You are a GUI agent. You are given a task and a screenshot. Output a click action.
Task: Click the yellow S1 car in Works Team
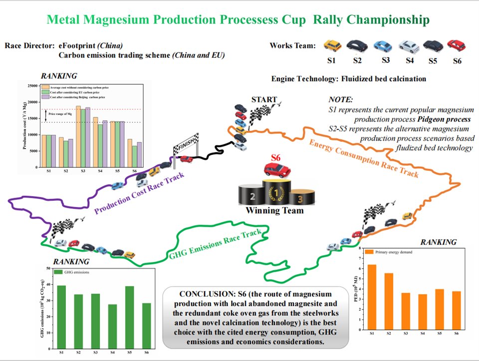(332, 46)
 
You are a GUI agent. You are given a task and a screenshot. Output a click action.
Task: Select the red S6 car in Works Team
(456, 46)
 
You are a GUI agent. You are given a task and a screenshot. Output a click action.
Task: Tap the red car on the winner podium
(276, 170)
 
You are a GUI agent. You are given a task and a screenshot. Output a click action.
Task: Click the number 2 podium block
(252, 196)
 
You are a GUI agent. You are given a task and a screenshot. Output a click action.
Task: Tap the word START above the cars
(264, 99)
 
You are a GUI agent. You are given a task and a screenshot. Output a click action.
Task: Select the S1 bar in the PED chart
(372, 297)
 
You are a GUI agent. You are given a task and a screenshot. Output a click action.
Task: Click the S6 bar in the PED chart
(457, 310)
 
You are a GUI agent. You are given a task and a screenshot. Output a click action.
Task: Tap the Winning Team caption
(274, 211)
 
